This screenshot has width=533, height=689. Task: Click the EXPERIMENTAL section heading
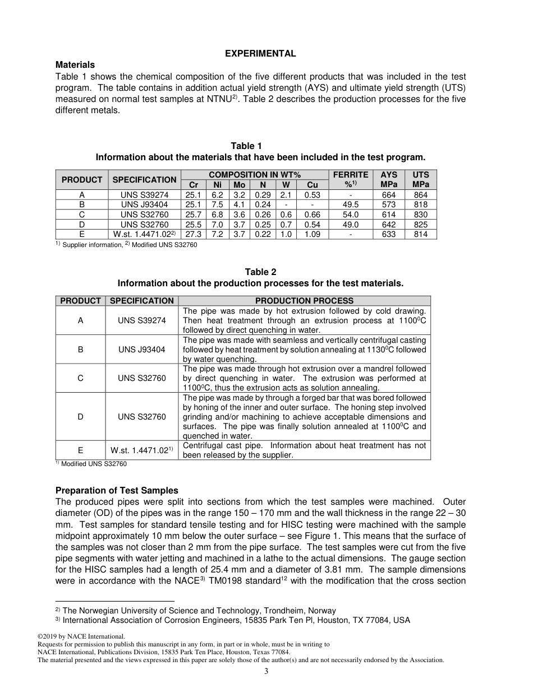point(260,54)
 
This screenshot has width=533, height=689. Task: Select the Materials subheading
point(75,65)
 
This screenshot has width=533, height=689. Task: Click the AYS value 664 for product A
point(388,195)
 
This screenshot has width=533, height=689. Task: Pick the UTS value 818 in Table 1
point(420,205)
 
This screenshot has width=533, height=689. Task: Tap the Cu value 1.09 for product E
point(312,234)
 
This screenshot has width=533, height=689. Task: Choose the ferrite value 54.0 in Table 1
point(351,215)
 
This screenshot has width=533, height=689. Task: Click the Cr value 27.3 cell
point(193,234)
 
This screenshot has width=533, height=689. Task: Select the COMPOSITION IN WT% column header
point(255,175)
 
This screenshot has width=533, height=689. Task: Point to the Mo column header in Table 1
point(239,185)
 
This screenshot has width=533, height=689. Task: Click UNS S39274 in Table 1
point(145,195)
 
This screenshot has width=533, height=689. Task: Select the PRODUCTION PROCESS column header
point(304,301)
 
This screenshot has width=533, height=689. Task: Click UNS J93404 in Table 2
point(142,350)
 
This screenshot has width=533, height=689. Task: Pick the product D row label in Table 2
point(81,417)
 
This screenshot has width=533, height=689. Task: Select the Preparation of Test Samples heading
point(117,491)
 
